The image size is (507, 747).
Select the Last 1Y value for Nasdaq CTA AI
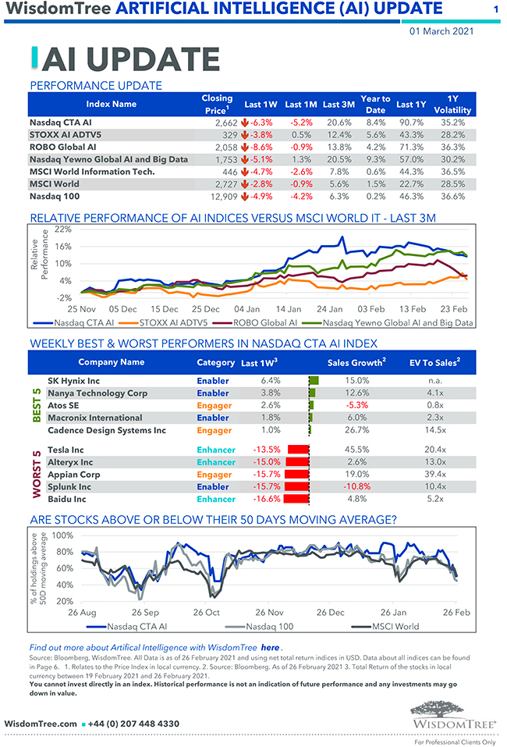[410, 123]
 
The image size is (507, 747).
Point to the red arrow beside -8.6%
[245, 147]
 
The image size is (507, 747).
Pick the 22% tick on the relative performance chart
[62, 229]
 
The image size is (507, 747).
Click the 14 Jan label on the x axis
[289, 308]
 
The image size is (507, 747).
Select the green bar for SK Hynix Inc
[314, 380]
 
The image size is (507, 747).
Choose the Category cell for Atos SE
[213, 405]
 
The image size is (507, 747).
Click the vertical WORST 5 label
[36, 474]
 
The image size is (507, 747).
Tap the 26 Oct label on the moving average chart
[207, 612]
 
